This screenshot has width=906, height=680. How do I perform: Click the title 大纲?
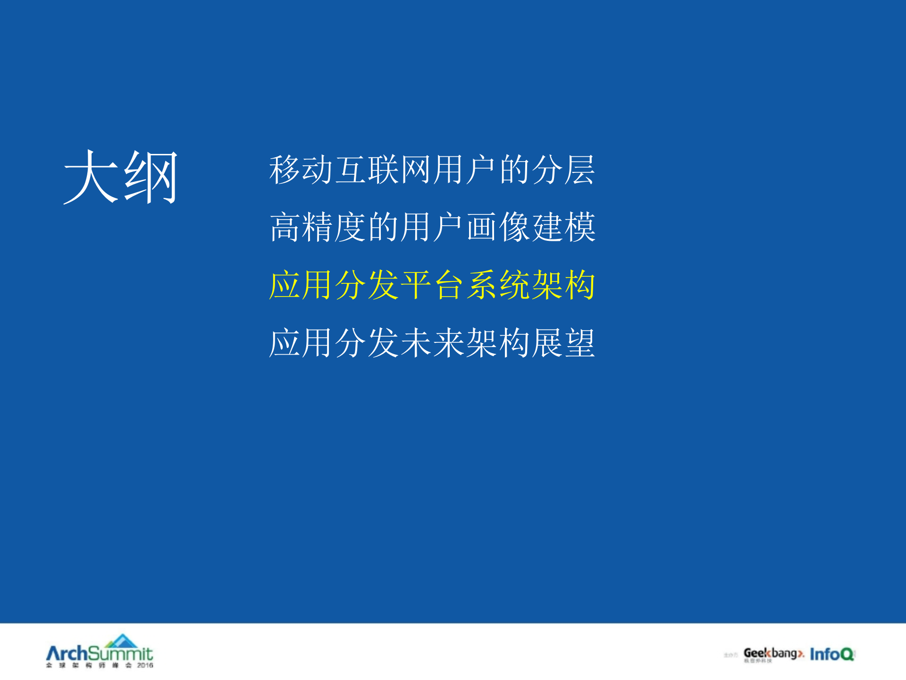pyautogui.click(x=121, y=177)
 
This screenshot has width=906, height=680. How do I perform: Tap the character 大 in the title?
pyautogui.click(x=91, y=177)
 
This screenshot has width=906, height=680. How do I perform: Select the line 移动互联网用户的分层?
pyautogui.click(x=432, y=170)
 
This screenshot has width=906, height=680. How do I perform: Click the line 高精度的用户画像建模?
pyautogui.click(x=432, y=227)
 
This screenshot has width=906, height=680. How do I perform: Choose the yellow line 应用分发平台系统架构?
pyautogui.click(x=432, y=285)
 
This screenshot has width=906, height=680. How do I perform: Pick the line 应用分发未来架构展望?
pyautogui.click(x=432, y=343)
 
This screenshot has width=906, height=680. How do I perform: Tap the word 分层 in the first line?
pyautogui.click(x=563, y=170)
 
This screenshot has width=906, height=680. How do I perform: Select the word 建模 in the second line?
pyautogui.click(x=563, y=227)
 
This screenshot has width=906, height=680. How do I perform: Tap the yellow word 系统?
pyautogui.click(x=498, y=285)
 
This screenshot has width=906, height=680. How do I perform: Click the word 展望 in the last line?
pyautogui.click(x=563, y=343)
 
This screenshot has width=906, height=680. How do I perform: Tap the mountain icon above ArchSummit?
pyautogui.click(x=122, y=641)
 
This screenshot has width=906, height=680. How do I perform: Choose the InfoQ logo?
pyautogui.click(x=832, y=654)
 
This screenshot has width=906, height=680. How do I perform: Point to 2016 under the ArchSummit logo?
pyautogui.click(x=145, y=665)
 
